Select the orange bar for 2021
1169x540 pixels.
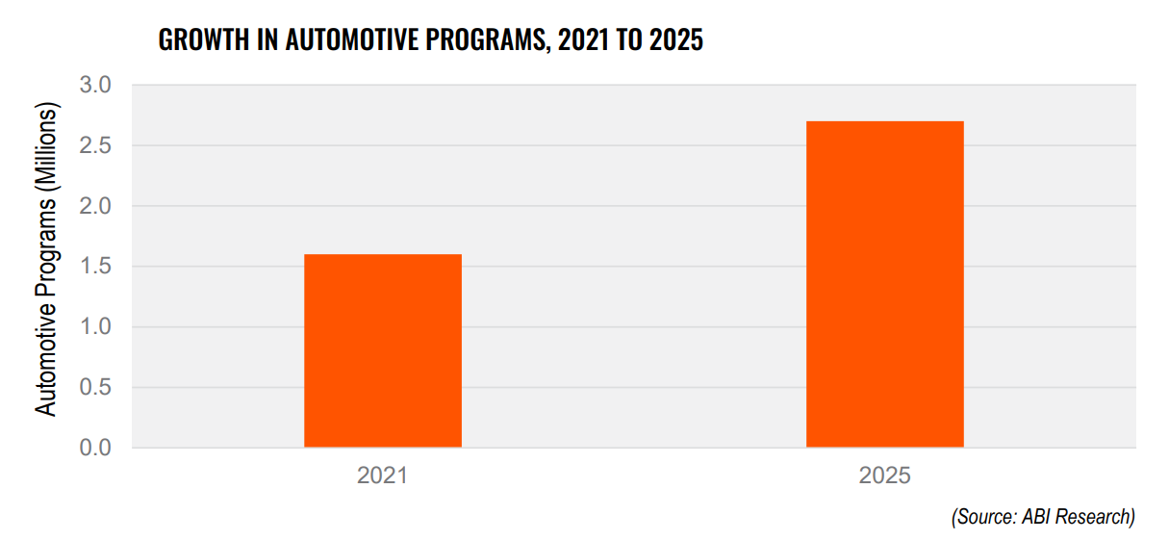pyautogui.click(x=383, y=351)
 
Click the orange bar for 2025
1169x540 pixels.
pyautogui.click(x=884, y=285)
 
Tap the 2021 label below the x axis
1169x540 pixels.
pyautogui.click(x=383, y=476)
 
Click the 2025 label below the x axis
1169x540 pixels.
pyautogui.click(x=884, y=476)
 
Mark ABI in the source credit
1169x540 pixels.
pyautogui.click(x=1035, y=517)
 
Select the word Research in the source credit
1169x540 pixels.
pyautogui.click(x=1095, y=517)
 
